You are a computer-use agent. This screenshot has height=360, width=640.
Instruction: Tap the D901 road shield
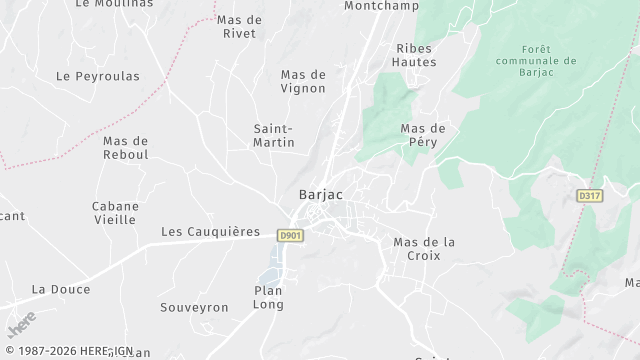tap(290, 234)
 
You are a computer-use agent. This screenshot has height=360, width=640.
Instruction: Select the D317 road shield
tap(591, 196)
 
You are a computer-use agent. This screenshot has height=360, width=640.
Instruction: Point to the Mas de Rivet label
tap(239, 26)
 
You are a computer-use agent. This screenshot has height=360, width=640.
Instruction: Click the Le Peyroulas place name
tap(97, 76)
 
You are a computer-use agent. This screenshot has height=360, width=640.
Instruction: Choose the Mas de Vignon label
tap(303, 81)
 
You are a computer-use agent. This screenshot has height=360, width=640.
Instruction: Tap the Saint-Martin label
tap(274, 136)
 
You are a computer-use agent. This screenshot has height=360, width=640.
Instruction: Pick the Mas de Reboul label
tap(125, 148)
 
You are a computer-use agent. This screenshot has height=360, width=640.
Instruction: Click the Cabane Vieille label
tap(115, 213)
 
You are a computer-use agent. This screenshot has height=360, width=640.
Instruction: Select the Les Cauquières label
tap(210, 231)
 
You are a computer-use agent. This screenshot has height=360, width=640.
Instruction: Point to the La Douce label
tap(61, 289)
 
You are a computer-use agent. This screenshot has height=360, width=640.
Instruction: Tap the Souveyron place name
tap(195, 307)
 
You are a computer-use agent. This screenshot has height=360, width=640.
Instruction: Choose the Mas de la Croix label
tap(424, 249)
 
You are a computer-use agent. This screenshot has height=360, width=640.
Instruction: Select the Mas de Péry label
tap(422, 135)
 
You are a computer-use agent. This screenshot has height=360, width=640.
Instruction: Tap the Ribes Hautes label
tap(416, 55)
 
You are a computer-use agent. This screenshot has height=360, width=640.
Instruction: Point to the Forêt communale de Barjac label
tap(549, 60)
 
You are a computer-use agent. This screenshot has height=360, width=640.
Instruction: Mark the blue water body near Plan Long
tap(271, 263)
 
